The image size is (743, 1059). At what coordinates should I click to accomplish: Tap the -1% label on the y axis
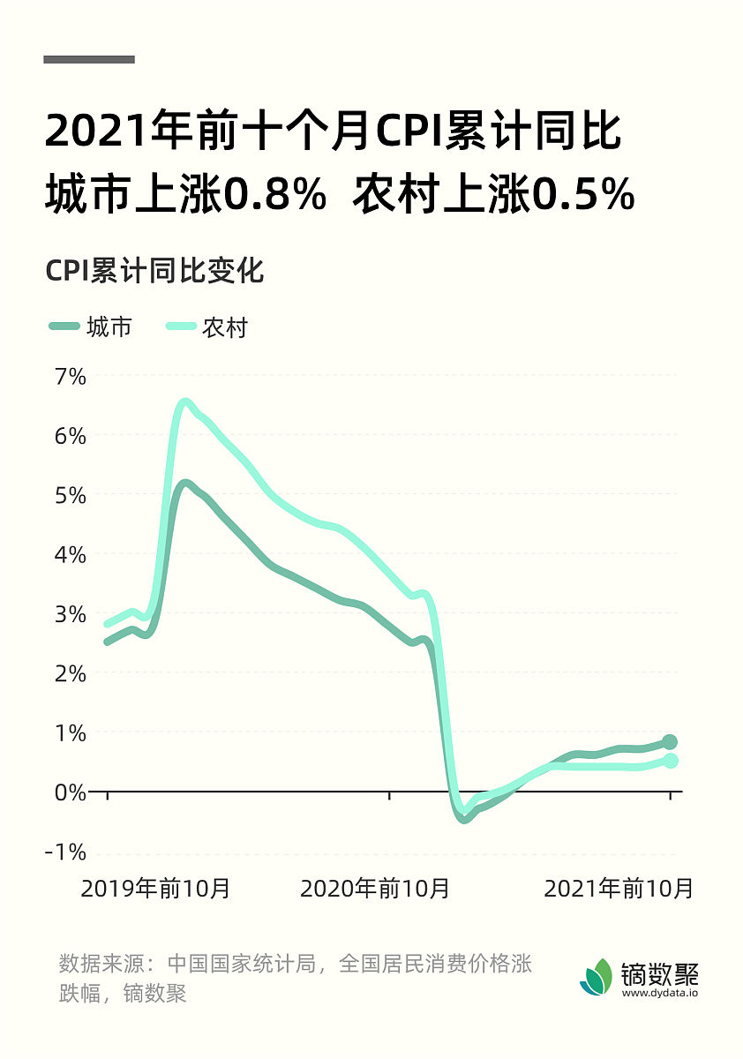click(64, 852)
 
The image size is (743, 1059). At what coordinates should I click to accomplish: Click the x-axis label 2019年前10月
click(156, 888)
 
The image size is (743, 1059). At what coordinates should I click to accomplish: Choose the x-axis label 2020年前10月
click(375, 888)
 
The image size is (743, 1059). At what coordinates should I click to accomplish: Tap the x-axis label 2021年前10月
click(619, 888)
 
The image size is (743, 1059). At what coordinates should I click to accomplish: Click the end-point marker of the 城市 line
click(670, 742)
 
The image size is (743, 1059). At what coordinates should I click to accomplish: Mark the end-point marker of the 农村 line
click(670, 761)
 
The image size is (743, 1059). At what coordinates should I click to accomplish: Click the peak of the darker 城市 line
click(184, 484)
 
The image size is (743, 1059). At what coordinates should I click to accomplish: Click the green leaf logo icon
click(597, 976)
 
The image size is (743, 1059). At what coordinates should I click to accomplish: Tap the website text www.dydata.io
click(660, 993)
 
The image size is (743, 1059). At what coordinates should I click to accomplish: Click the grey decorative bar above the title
click(89, 59)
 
